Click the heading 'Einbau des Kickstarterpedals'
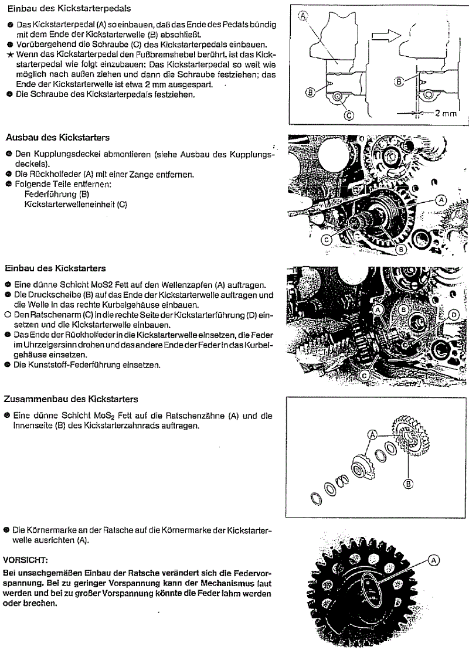tap(67, 9)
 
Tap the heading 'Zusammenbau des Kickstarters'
tap(71, 399)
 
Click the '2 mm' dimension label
tap(445, 113)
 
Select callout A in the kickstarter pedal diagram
tap(303, 16)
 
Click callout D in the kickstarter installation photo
tap(453, 315)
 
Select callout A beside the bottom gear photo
tap(434, 560)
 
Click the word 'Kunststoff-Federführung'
tap(81, 365)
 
